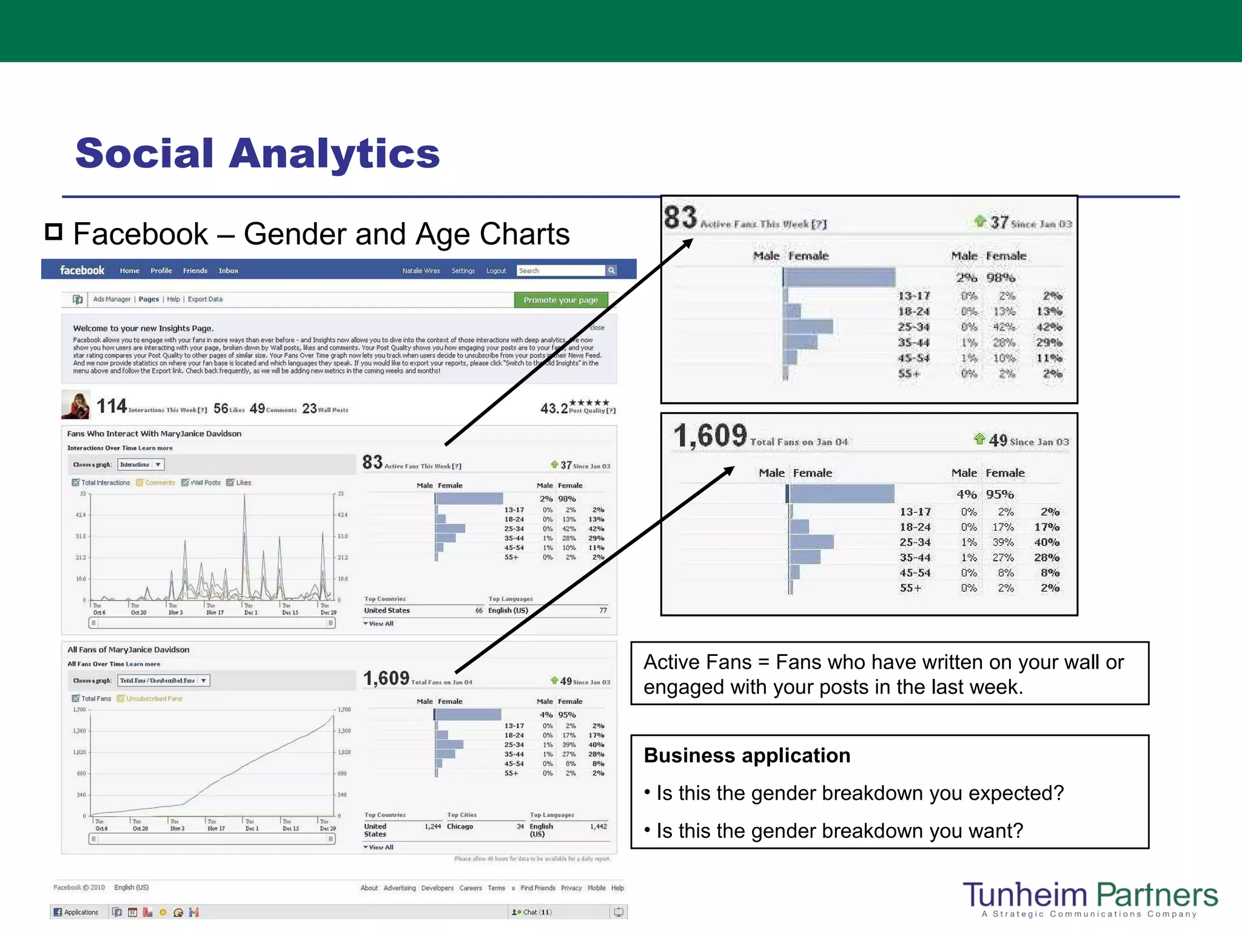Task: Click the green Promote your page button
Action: click(x=560, y=300)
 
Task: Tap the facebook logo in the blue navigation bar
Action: click(x=82, y=270)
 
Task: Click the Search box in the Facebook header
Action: click(x=560, y=271)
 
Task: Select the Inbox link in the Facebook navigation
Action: click(x=228, y=271)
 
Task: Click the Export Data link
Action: click(x=205, y=299)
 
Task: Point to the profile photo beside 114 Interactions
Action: click(x=76, y=405)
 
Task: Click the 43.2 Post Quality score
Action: click(x=554, y=408)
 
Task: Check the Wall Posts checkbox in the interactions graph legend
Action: click(x=186, y=483)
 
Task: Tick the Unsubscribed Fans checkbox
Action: click(x=121, y=698)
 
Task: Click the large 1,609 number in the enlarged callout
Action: click(x=710, y=436)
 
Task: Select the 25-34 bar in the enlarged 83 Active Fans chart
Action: click(x=808, y=327)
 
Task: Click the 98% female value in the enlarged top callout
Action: click(x=1001, y=278)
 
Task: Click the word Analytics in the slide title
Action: click(x=334, y=154)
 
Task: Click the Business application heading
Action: click(x=747, y=755)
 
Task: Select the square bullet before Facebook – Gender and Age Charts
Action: click(x=54, y=232)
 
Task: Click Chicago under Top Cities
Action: click(x=460, y=826)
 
